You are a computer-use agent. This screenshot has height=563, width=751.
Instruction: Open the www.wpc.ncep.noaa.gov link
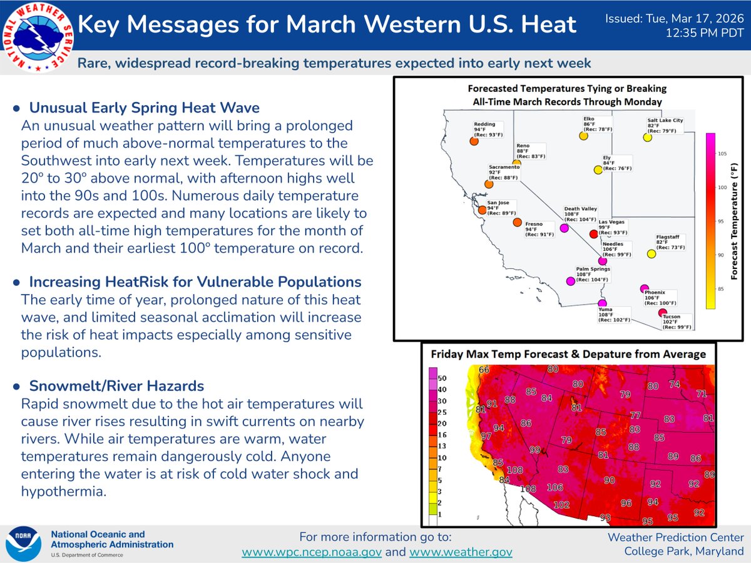312,552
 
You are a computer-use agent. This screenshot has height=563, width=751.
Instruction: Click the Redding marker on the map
474,141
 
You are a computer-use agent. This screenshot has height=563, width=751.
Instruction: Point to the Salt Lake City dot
647,137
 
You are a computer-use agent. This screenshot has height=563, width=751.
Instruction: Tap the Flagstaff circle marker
651,254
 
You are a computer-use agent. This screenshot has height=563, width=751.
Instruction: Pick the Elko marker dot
583,135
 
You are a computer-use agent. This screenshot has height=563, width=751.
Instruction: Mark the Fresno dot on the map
517,222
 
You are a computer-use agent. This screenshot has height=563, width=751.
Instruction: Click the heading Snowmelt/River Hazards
116,385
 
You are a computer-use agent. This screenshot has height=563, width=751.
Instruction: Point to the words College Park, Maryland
684,550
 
